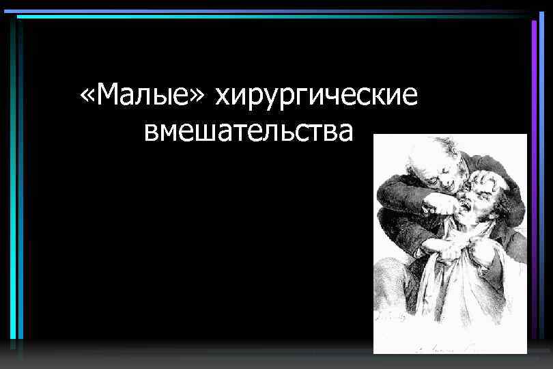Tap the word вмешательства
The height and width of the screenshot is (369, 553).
point(249,131)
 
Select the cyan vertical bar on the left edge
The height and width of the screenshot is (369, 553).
point(20,184)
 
